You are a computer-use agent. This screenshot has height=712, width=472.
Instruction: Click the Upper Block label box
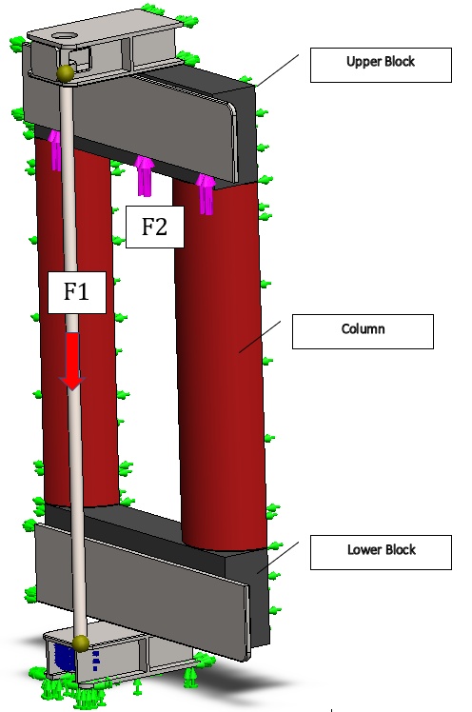(381, 65)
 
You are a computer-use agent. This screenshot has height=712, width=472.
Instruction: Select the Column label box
(363, 331)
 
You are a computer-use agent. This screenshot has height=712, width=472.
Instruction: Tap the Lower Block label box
(381, 552)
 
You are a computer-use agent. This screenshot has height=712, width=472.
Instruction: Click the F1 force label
(77, 292)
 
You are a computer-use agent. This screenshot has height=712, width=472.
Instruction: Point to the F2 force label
(155, 227)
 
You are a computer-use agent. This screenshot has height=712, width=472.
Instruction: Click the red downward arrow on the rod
(72, 361)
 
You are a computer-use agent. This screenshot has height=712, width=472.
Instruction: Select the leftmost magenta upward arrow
(55, 150)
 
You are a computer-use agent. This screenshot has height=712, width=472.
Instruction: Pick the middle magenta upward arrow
(145, 176)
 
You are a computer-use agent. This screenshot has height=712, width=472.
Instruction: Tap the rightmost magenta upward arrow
(206, 195)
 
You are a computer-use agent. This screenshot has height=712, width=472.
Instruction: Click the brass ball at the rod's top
(66, 73)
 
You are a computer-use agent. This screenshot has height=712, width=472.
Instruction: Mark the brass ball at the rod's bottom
(81, 643)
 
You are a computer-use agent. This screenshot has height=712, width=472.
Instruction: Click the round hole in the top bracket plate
(61, 35)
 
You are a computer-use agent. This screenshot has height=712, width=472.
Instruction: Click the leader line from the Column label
(260, 336)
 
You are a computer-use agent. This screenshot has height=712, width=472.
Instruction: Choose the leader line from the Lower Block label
(278, 558)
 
